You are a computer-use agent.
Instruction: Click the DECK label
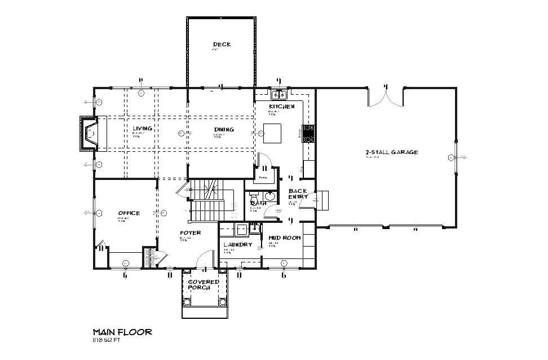coord(222,45)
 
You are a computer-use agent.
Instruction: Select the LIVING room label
coord(142,129)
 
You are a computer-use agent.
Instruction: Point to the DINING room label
coord(224,130)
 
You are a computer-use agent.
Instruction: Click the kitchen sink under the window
coord(279,95)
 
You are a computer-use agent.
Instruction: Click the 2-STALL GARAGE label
coord(391,152)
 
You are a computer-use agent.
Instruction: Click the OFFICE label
coord(129,213)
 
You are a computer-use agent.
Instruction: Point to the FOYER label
coord(191,232)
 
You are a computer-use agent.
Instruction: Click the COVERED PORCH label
coord(204,284)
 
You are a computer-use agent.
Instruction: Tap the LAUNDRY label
coord(237,244)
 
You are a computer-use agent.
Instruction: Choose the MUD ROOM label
coord(284,238)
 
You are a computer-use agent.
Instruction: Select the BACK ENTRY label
coord(298,194)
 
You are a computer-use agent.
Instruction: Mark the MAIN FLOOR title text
coord(122,332)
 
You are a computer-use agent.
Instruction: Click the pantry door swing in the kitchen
coord(265,161)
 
